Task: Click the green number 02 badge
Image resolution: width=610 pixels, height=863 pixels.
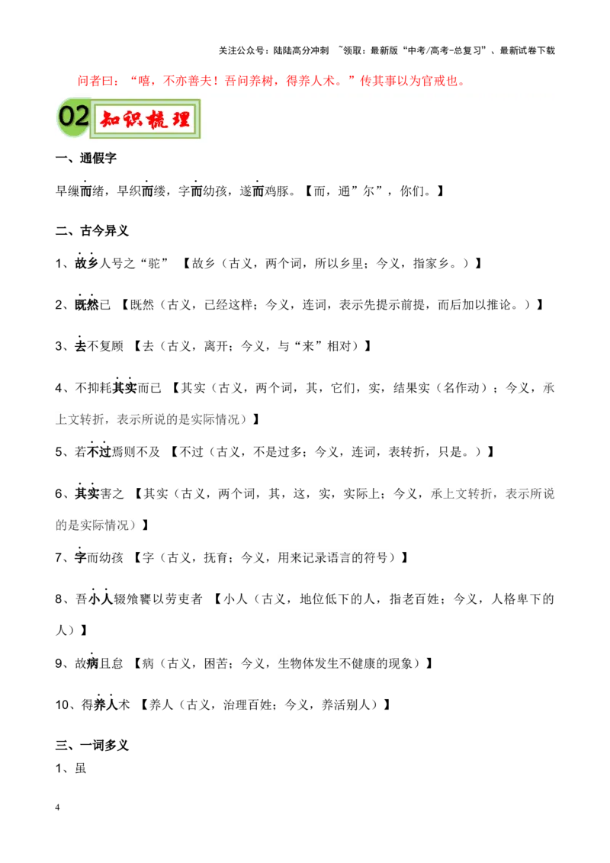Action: tap(74, 117)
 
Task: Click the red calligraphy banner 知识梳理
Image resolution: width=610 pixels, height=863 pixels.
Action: tap(145, 119)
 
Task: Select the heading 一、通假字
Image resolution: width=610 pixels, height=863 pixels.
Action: tap(86, 159)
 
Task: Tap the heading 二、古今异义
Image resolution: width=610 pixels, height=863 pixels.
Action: tap(92, 230)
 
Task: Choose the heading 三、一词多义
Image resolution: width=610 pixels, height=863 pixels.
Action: tap(92, 746)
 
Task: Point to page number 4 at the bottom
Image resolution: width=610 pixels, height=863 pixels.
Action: tap(57, 807)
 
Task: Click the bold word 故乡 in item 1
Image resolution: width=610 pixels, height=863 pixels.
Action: tap(87, 263)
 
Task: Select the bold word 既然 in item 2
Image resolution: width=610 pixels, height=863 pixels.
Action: tap(87, 304)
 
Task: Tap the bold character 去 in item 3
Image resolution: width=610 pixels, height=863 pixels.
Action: tap(81, 346)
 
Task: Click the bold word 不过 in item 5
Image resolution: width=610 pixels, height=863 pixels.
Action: tap(100, 452)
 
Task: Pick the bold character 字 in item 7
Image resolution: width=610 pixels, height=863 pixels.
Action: tap(81, 557)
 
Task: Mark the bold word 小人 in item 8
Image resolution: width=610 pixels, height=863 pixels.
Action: tap(101, 598)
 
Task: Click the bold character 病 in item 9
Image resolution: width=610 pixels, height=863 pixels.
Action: tap(93, 663)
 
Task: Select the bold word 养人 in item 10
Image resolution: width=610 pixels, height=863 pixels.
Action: tap(106, 704)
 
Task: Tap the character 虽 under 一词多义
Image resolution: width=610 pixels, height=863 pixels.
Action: tap(81, 768)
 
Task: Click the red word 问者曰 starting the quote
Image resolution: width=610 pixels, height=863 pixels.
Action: tap(95, 82)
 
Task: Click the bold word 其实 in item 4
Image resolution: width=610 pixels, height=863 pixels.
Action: tap(124, 388)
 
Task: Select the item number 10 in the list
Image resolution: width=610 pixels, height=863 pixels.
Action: tap(62, 705)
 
